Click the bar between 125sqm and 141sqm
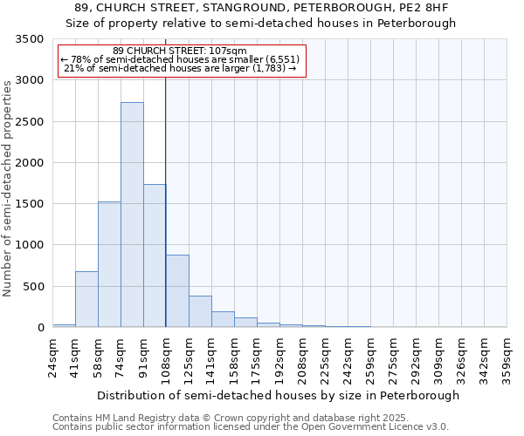[200, 311]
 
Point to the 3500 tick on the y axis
[30, 40]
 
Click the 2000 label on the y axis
[30, 163]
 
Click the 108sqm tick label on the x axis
[167, 357]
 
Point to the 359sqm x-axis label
[507, 357]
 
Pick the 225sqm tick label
[325, 357]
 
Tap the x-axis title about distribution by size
[278, 396]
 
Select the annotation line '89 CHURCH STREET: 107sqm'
[181, 51]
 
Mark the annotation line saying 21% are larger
[181, 68]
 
